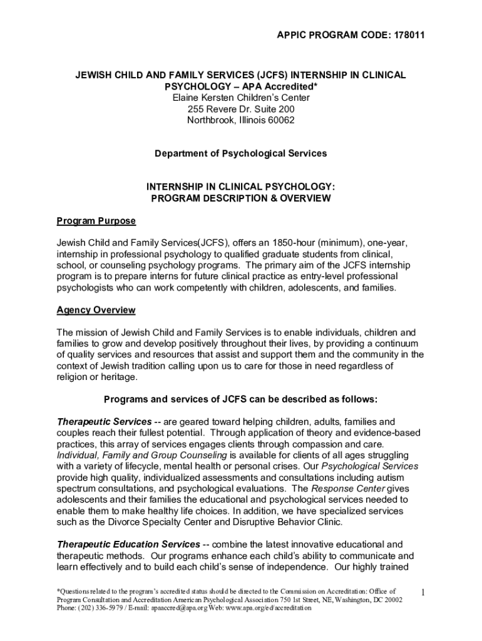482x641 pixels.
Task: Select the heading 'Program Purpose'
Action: click(x=96, y=221)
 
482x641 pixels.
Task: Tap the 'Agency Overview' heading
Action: click(x=96, y=310)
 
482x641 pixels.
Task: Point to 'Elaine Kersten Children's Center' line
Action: click(x=241, y=98)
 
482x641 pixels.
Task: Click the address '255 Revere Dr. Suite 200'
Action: click(x=241, y=109)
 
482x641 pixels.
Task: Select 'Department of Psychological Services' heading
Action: click(x=241, y=153)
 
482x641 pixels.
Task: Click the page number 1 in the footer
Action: click(x=424, y=592)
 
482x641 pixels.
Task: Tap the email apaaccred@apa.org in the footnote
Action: click(x=178, y=608)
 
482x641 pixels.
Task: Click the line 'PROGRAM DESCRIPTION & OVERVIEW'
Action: click(x=241, y=198)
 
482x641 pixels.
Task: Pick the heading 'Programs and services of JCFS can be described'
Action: click(x=241, y=399)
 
